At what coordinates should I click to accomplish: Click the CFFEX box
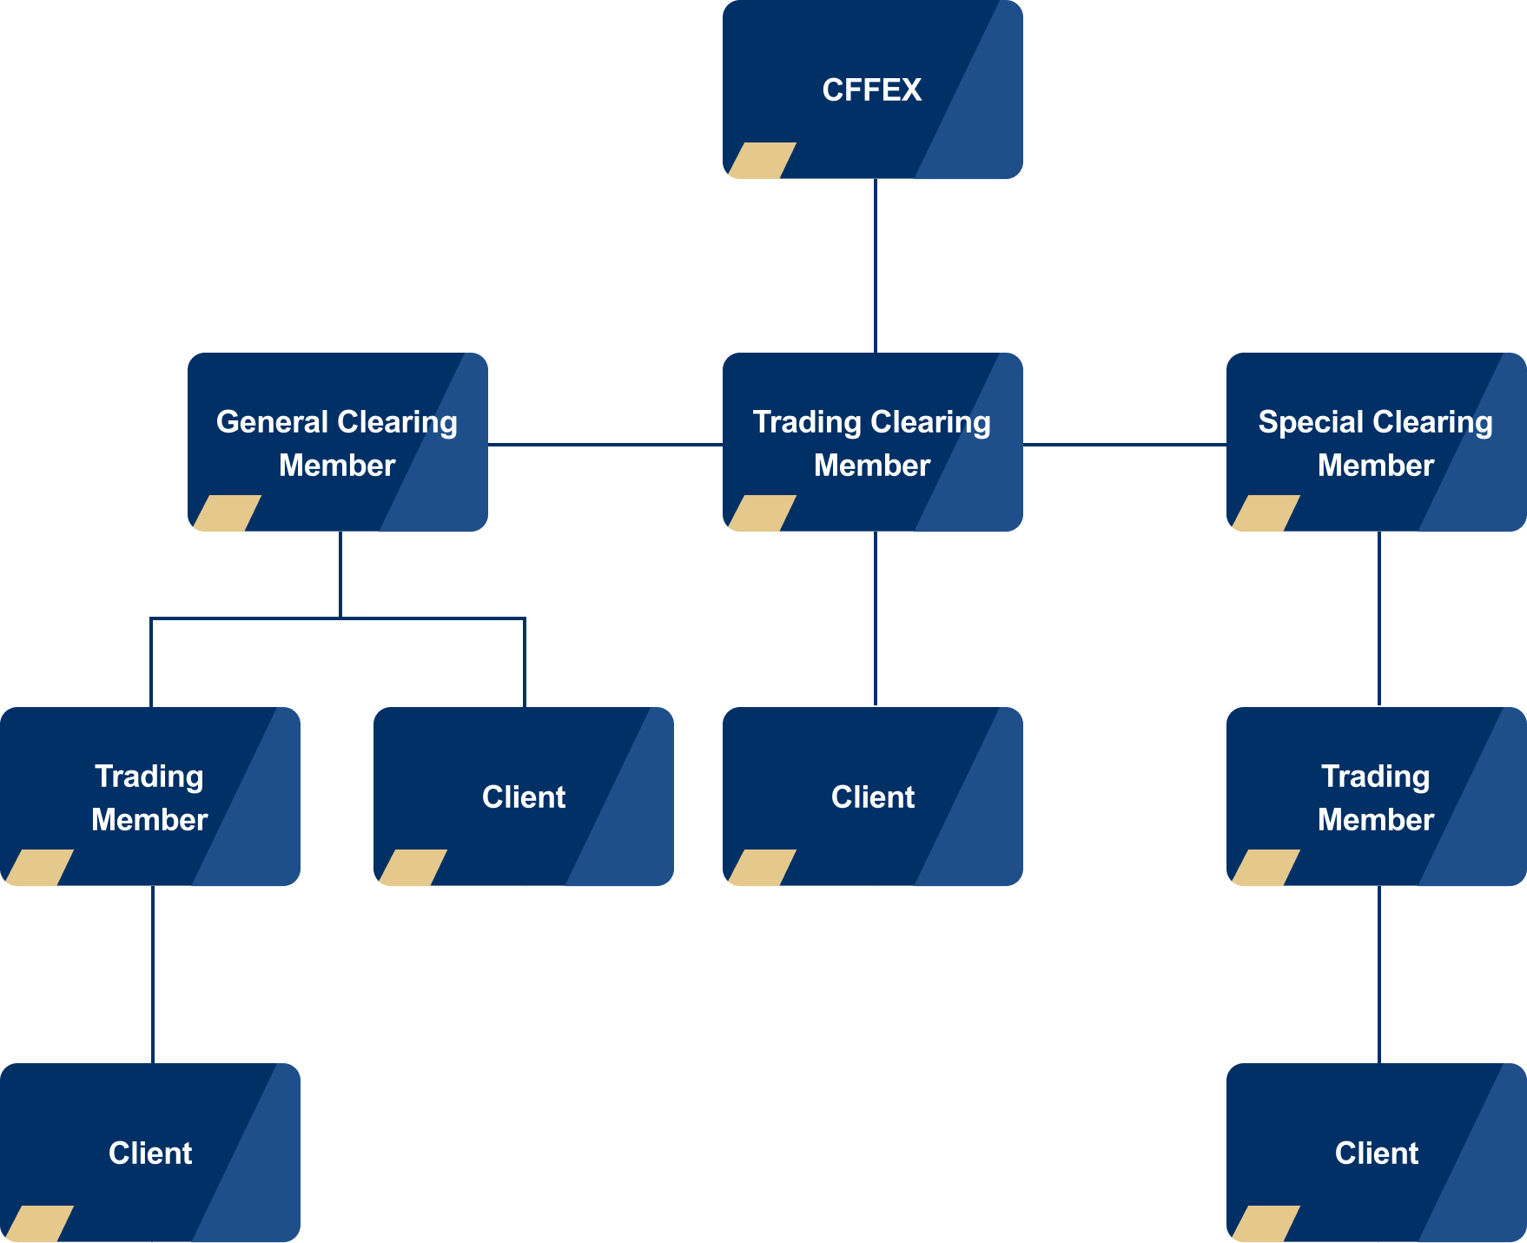pos(872,90)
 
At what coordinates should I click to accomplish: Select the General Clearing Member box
pos(337,443)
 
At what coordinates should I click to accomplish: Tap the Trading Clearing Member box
pos(872,443)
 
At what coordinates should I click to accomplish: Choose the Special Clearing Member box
pos(1376,443)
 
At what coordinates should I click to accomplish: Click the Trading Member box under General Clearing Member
pos(149,797)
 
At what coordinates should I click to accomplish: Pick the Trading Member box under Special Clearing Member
pos(1376,797)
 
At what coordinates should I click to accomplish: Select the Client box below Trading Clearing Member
pos(872,797)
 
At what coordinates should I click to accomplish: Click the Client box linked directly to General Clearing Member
pos(523,797)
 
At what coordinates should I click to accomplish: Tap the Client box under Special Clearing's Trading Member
pos(1376,1154)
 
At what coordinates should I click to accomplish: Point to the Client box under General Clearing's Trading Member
pos(149,1154)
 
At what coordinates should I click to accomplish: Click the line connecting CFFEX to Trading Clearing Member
pos(875,266)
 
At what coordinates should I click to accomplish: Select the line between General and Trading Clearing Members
pos(605,445)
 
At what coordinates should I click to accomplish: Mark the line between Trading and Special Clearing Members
pos(1124,445)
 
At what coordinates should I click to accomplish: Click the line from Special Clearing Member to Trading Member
pos(1379,618)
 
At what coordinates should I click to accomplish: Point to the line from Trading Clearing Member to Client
pos(875,618)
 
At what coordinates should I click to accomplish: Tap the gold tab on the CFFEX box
pos(762,161)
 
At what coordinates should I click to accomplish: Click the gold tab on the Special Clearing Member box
pos(1266,513)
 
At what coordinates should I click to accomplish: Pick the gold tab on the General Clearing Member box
pos(227,513)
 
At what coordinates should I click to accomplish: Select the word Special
pos(1311,422)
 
